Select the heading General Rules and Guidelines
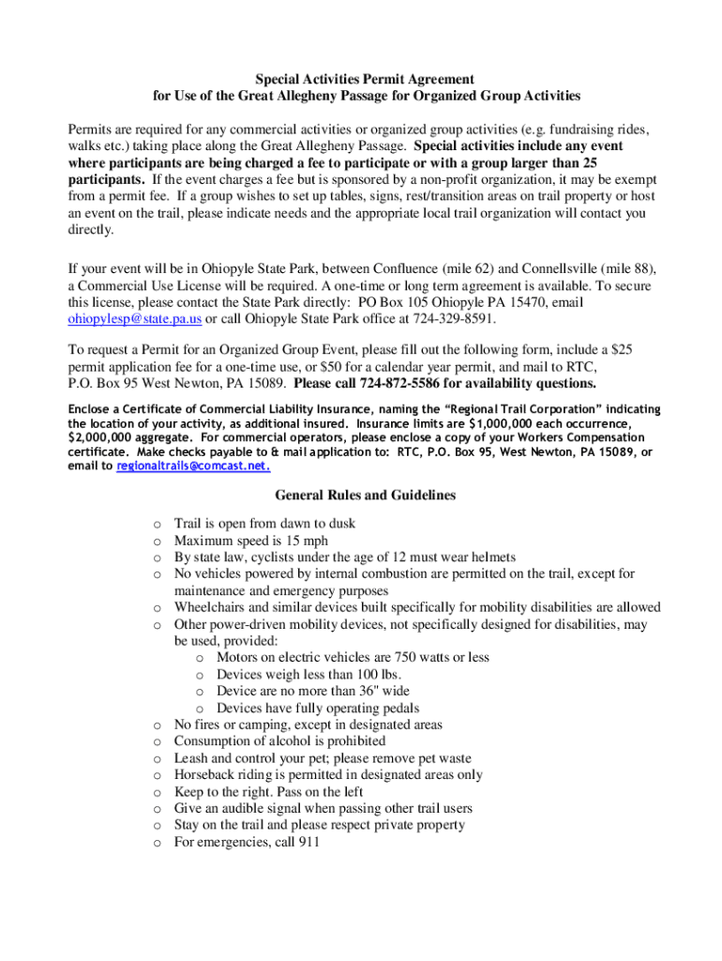365,496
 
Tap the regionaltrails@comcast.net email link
193,465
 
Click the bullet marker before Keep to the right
157,792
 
